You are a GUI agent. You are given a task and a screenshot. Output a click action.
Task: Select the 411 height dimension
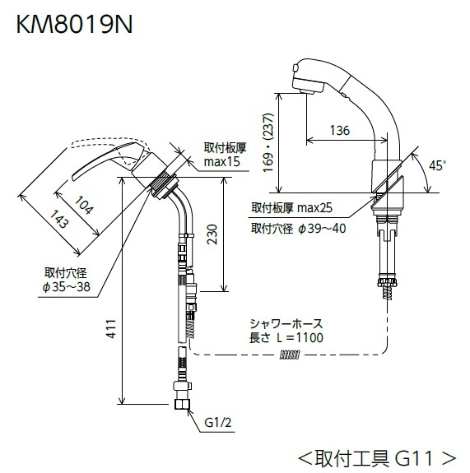(x=110, y=328)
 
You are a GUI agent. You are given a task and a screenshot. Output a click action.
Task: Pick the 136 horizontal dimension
(x=338, y=130)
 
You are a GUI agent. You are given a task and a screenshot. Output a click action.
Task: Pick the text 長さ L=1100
(x=287, y=338)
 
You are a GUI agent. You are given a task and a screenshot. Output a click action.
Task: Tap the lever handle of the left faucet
(x=107, y=159)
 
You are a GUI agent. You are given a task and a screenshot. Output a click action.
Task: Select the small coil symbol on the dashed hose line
(x=289, y=355)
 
